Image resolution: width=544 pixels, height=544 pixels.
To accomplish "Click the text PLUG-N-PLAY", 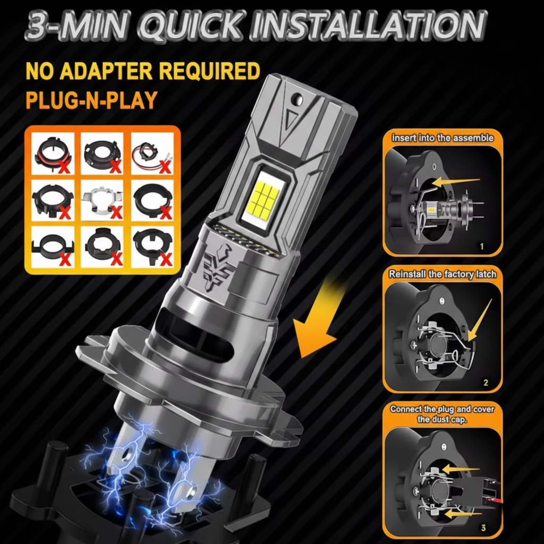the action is click(x=91, y=100).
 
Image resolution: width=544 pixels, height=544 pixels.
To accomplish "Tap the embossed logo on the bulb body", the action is click(x=218, y=266).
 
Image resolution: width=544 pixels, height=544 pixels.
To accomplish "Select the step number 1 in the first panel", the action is click(x=481, y=246).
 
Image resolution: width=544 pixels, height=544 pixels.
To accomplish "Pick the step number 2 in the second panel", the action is click(x=486, y=382).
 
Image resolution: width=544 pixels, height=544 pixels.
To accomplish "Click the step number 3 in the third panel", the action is click(x=483, y=528).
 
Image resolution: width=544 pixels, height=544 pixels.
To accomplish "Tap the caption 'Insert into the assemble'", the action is click(x=443, y=138).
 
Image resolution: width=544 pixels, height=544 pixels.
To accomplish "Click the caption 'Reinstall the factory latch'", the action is click(x=443, y=274).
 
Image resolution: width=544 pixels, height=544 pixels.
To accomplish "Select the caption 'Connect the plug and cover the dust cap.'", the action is click(x=442, y=414).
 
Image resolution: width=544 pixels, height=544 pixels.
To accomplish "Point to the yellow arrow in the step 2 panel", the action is click(x=480, y=320).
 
